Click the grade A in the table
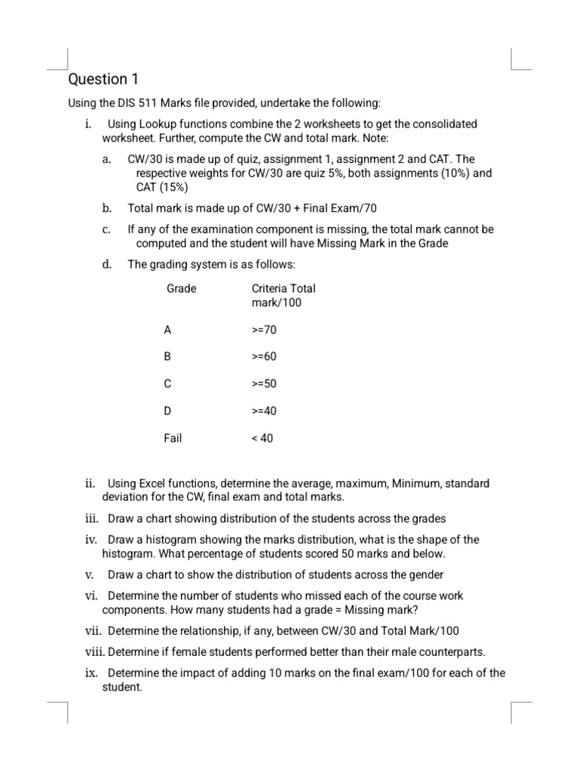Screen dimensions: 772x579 [x=167, y=329]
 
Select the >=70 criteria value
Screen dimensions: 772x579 [x=264, y=329]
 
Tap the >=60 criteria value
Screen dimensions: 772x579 [x=264, y=357]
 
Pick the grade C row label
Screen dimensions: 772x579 [x=167, y=384]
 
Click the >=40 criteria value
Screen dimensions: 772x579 [x=264, y=411]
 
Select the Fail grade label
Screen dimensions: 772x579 [x=173, y=438]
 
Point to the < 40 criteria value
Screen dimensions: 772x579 [x=262, y=438]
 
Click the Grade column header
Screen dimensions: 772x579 [x=181, y=289]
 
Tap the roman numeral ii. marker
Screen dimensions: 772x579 [x=90, y=483]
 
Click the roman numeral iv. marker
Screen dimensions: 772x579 [x=91, y=540]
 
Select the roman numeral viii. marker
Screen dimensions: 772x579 [x=94, y=651]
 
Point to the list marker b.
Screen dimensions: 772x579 [x=107, y=207]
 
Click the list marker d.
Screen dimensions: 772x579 [x=107, y=264]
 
